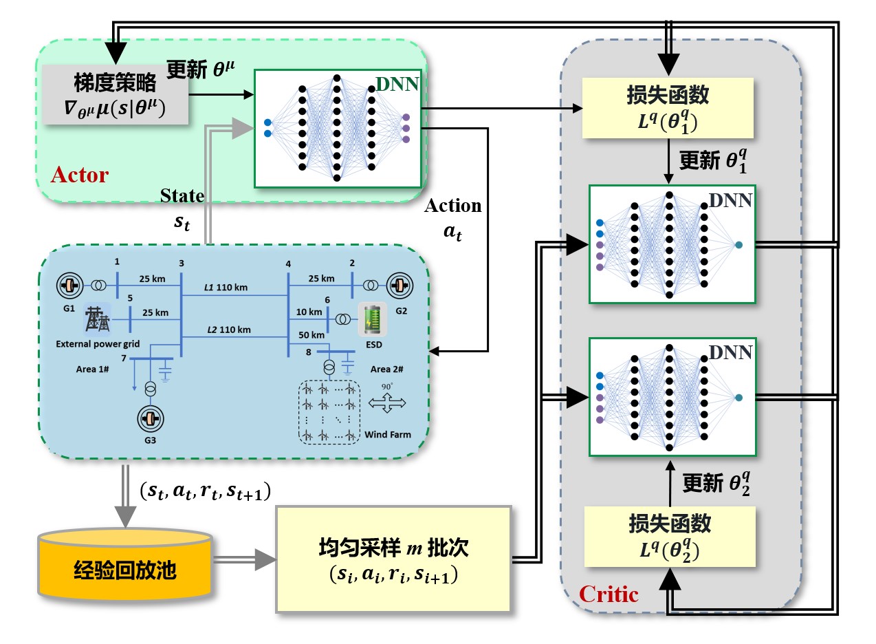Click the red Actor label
click(x=80, y=175)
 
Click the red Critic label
click(x=609, y=593)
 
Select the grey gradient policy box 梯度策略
click(x=115, y=95)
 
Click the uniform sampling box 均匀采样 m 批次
click(x=393, y=559)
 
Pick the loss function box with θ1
click(x=668, y=107)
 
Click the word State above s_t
click(x=182, y=196)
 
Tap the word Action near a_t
click(x=453, y=206)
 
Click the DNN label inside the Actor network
click(x=396, y=85)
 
